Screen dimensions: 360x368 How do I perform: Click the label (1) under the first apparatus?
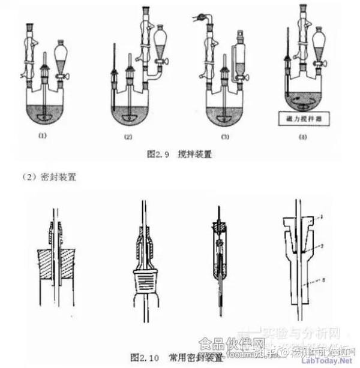(42, 135)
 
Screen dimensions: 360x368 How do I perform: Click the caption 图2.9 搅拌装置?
(180, 154)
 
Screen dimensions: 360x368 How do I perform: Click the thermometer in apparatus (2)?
(113, 78)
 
